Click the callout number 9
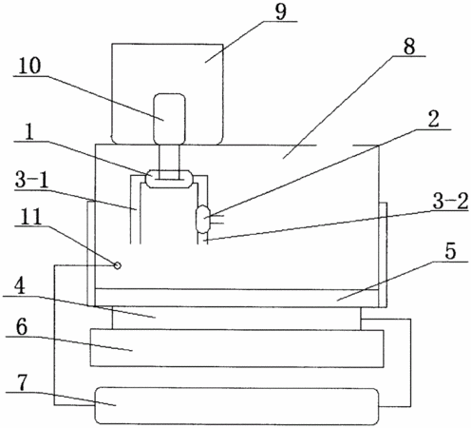point(281,12)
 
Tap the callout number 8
point(409,47)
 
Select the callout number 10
point(29,66)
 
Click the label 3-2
point(450,202)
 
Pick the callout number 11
point(30,217)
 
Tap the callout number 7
point(23,383)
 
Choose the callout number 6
point(22,327)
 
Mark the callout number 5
point(450,252)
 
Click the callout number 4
point(20,287)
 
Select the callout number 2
point(433,120)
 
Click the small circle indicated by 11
point(117,265)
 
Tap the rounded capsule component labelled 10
point(169,119)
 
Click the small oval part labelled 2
point(202,219)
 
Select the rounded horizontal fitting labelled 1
point(169,179)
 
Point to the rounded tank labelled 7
point(237,406)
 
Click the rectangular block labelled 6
point(237,348)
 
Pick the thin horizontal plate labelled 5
point(237,298)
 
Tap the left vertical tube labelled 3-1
point(135,209)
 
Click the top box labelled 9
point(167,94)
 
